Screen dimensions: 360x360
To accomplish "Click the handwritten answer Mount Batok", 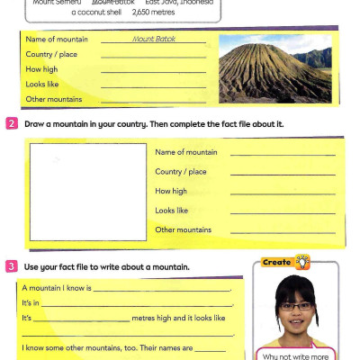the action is point(154,40).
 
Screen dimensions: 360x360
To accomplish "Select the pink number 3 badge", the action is point(12,266).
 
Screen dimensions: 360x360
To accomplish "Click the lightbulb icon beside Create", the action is point(303,262).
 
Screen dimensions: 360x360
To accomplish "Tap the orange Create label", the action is point(276,262).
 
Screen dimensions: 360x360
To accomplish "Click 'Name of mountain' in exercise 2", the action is point(186,152).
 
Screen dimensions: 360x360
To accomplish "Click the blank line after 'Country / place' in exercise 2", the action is point(283,174).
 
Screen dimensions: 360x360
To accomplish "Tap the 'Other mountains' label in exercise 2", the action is point(183,229).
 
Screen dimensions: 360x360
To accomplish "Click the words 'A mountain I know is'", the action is point(56,289).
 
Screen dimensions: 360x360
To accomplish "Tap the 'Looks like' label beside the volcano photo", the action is point(42,84).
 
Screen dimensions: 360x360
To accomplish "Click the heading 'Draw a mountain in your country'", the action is point(90,123).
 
